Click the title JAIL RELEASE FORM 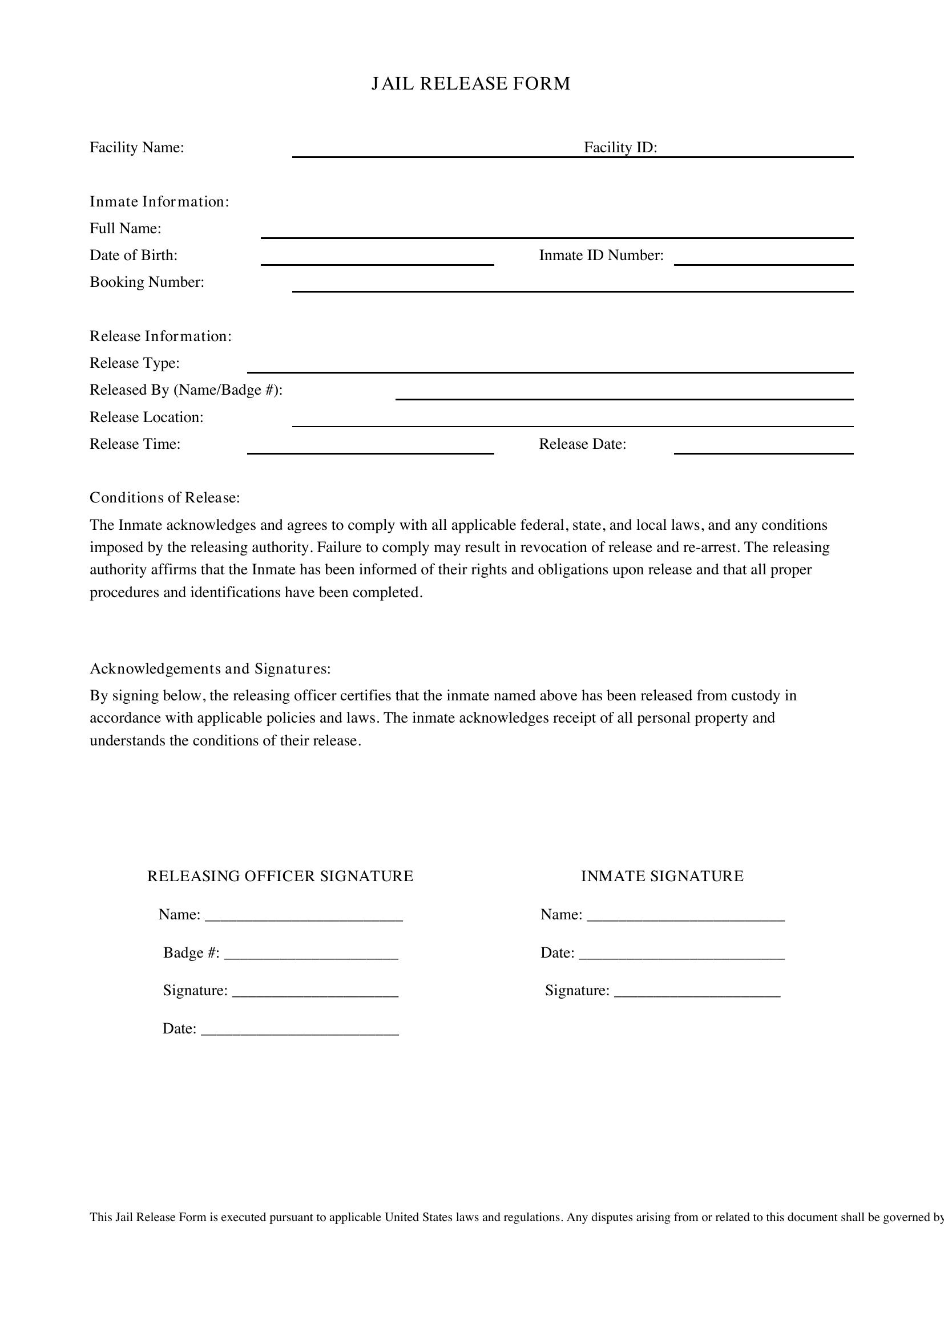(471, 84)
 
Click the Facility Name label (136, 148)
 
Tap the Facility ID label (620, 148)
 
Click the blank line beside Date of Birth (377, 260)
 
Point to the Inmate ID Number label (601, 256)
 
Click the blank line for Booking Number (572, 287)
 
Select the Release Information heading (160, 336)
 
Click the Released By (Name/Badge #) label (186, 390)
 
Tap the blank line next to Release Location (572, 422)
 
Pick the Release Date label (583, 444)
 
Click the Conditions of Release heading (164, 498)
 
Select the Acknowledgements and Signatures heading (210, 670)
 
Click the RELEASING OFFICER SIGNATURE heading (280, 876)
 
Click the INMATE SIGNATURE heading (662, 876)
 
